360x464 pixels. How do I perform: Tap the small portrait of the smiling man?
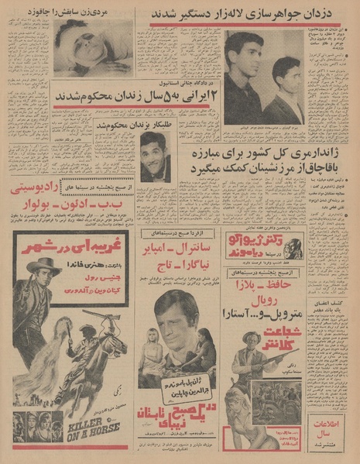155,156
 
